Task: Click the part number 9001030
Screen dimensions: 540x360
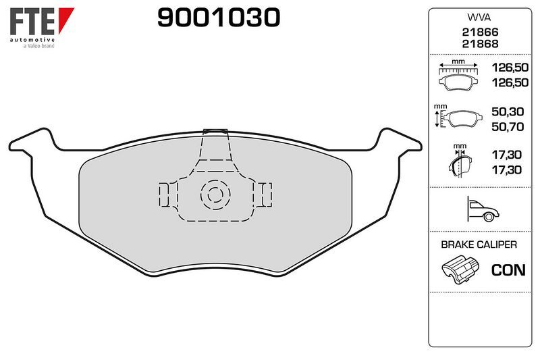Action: (219, 18)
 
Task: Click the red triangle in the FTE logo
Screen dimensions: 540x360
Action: (65, 19)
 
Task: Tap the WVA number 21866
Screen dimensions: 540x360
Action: (480, 32)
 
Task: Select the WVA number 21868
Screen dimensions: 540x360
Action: (480, 44)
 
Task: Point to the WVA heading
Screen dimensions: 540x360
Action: (479, 18)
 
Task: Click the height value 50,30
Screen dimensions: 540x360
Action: (508, 111)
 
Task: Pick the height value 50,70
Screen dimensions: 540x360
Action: (508, 127)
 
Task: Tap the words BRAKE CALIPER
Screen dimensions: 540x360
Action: (479, 245)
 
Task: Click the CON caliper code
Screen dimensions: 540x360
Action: (508, 270)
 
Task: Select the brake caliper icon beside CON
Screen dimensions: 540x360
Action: (460, 269)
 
